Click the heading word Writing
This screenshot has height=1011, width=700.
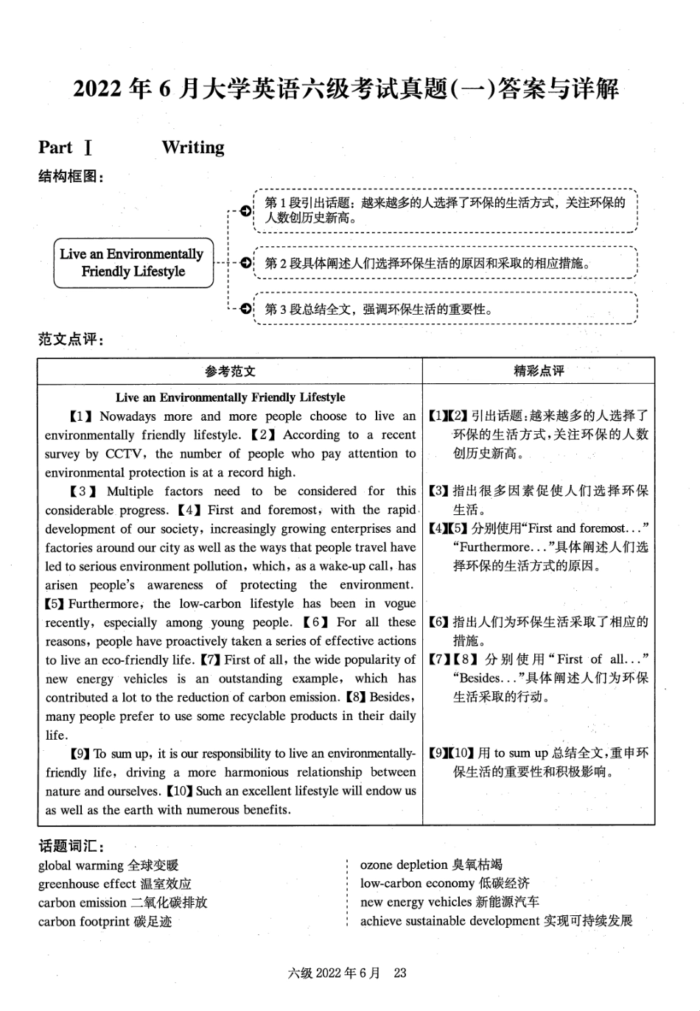[193, 147]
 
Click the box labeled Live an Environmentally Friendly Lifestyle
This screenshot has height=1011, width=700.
[133, 263]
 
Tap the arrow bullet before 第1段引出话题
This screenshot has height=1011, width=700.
[245, 211]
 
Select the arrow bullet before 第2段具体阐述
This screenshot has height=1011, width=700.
[245, 263]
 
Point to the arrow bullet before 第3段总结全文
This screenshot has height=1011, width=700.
[245, 309]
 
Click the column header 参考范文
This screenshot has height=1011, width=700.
[230, 371]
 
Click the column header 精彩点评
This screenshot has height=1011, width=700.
[539, 371]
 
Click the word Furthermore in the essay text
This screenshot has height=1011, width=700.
[108, 604]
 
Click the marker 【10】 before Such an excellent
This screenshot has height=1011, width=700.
[179, 791]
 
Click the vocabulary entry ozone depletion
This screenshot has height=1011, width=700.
[404, 865]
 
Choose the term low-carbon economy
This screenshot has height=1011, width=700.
[417, 884]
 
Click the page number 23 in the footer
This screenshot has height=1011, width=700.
[400, 973]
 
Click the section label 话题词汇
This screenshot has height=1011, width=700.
[69, 846]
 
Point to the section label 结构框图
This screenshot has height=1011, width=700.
[69, 177]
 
